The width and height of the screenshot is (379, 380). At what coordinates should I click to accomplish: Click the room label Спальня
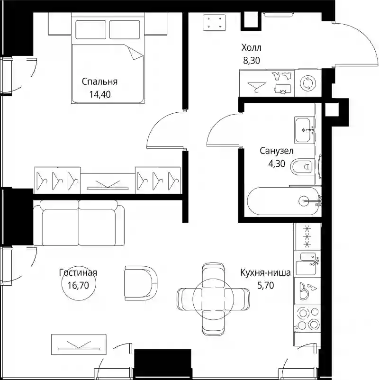[99, 81]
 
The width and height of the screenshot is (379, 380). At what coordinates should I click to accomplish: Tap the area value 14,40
[100, 94]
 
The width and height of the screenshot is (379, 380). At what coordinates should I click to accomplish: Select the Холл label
[251, 48]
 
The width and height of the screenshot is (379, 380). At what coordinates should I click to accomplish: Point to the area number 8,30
[252, 60]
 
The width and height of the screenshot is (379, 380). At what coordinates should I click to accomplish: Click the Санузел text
[277, 151]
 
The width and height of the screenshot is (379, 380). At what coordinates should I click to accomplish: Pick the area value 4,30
[277, 164]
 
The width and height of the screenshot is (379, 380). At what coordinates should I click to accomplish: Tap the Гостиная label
[78, 272]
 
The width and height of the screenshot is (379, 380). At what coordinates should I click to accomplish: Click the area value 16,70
[78, 285]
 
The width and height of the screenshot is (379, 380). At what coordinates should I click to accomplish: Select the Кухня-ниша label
[265, 272]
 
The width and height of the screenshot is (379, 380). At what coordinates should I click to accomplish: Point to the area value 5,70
[266, 286]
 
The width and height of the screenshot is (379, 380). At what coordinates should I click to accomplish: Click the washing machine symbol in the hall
[308, 83]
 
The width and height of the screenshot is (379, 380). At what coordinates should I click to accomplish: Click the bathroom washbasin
[302, 130]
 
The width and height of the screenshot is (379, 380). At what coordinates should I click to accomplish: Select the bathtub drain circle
[303, 201]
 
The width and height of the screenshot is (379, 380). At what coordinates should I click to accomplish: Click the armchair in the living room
[141, 283]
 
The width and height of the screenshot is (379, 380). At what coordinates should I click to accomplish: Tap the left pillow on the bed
[90, 29]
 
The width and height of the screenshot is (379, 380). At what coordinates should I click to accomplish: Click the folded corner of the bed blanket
[135, 54]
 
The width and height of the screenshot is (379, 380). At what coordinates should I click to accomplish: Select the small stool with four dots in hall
[214, 22]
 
